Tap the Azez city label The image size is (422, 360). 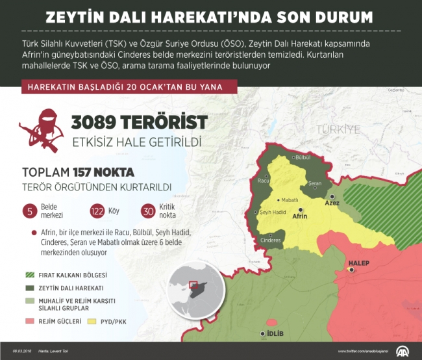pyautogui.click(x=332, y=203)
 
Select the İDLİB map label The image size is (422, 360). pyautogui.click(x=275, y=334)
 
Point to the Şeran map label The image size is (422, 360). pyautogui.click(x=314, y=184)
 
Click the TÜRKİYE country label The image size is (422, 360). pyautogui.click(x=338, y=130)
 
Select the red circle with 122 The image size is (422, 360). pyautogui.click(x=97, y=211)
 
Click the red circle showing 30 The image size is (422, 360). pyautogui.click(x=149, y=211)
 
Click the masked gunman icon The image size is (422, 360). pyautogui.click(x=41, y=131)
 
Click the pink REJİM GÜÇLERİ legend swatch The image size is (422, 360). pyautogui.click(x=29, y=321)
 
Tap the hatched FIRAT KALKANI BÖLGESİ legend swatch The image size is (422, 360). pyautogui.click(x=29, y=275)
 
